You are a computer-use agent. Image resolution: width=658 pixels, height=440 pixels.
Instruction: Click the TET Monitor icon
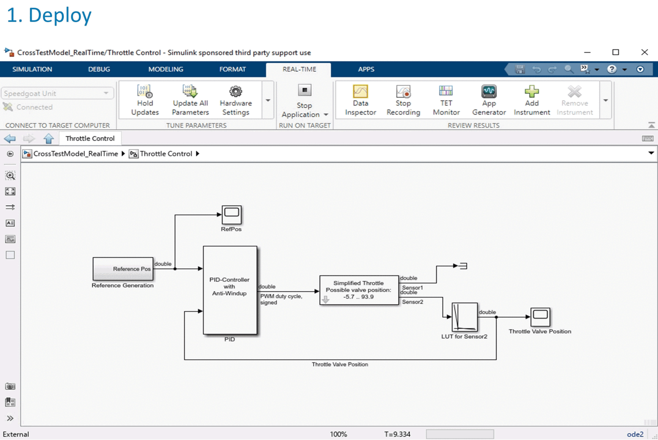[446, 91]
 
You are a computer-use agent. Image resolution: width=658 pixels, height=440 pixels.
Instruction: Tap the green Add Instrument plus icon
[532, 91]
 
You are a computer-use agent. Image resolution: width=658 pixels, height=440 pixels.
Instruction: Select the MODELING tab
[166, 69]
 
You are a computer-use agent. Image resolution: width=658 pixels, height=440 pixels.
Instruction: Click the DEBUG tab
[99, 69]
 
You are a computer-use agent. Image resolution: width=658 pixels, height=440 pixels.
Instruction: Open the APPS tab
[366, 69]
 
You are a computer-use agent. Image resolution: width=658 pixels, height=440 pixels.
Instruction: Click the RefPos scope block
[232, 215]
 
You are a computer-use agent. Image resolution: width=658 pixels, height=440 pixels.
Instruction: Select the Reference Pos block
[123, 269]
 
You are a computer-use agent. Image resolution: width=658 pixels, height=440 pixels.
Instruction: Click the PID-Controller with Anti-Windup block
[230, 290]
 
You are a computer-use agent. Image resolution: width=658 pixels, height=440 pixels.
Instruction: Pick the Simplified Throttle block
[359, 290]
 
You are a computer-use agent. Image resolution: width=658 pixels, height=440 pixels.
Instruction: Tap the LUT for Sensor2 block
[464, 317]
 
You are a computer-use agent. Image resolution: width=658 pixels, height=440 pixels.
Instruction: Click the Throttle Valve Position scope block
[540, 317]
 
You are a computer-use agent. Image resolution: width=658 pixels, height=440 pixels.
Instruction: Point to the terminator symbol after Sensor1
[463, 266]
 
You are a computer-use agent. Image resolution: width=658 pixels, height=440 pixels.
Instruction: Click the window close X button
[644, 52]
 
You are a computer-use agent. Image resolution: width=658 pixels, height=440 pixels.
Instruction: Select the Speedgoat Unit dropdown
[57, 93]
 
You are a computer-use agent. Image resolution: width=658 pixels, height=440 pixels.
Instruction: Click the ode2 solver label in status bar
[635, 434]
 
